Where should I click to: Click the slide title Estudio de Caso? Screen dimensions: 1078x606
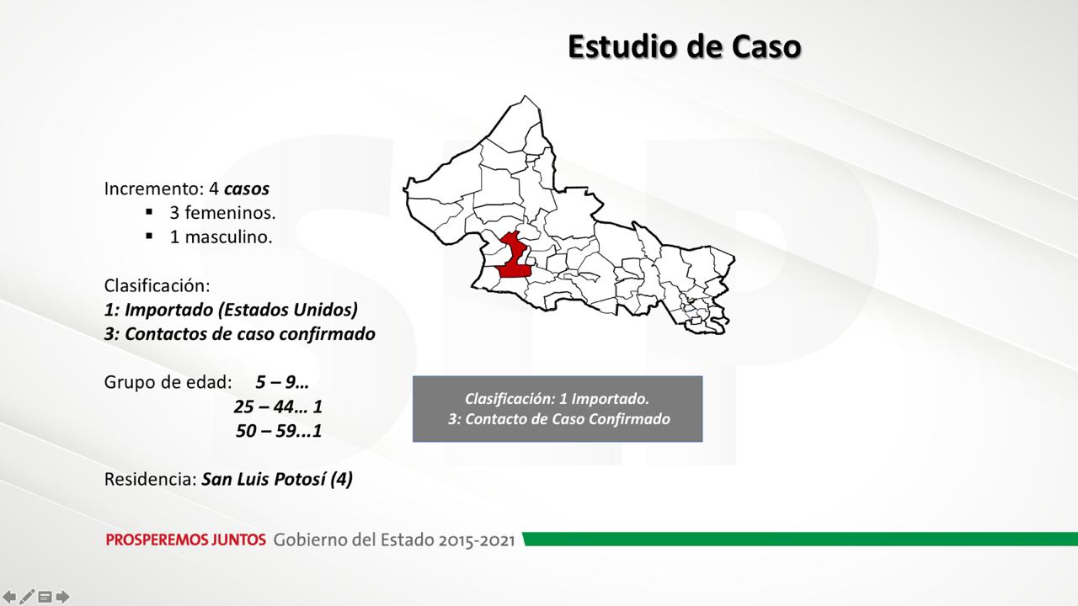(685, 46)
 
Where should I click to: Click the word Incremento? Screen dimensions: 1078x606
(154, 189)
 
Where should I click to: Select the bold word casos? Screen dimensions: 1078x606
(247, 189)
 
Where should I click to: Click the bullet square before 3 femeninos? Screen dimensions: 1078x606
(149, 211)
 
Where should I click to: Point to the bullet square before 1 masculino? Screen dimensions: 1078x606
(149, 236)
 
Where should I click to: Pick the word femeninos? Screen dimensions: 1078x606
(230, 213)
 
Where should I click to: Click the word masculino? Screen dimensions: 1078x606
(228, 237)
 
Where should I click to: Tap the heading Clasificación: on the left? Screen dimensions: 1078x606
(157, 285)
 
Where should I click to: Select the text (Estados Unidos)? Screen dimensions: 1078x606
(288, 310)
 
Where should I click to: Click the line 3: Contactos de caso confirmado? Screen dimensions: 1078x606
(240, 334)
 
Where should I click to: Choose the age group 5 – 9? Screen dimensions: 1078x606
(282, 382)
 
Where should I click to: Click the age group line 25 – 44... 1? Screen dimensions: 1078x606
(278, 407)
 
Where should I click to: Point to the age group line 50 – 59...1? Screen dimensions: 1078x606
(279, 431)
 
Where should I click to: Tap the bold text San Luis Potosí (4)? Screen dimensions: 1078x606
(277, 480)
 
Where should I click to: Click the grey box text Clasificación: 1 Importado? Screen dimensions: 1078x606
(557, 399)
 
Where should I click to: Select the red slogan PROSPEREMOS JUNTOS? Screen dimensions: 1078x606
(186, 540)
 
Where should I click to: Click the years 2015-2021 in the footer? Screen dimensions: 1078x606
(477, 540)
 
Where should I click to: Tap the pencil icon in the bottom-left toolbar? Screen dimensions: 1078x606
(26, 597)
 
